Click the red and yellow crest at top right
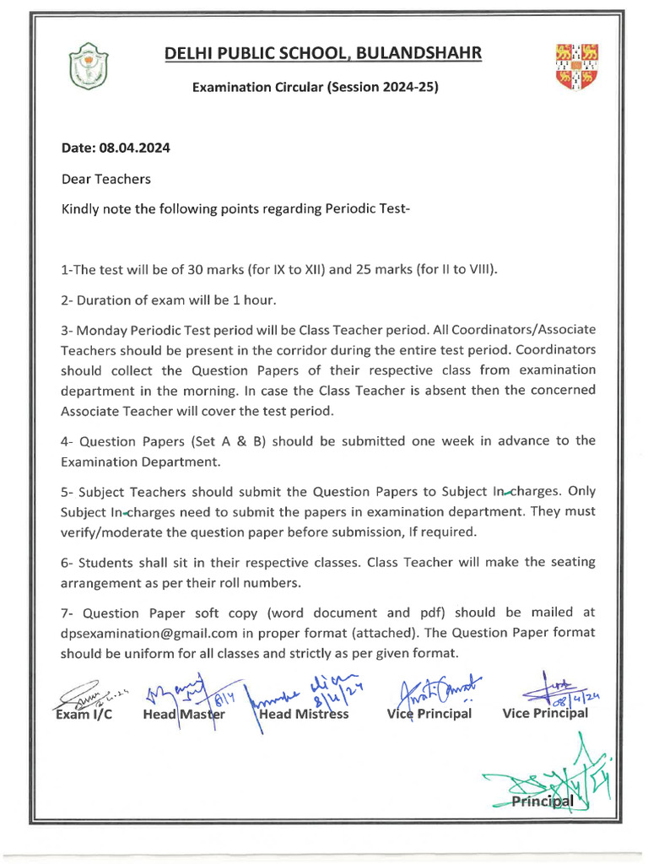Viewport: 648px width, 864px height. tap(577, 67)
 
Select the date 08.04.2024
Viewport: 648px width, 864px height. tap(135, 148)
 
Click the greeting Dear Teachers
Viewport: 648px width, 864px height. tap(105, 179)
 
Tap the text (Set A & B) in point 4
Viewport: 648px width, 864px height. tap(219, 440)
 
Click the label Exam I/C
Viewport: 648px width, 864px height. tap(84, 714)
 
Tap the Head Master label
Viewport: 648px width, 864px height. tap(185, 714)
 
